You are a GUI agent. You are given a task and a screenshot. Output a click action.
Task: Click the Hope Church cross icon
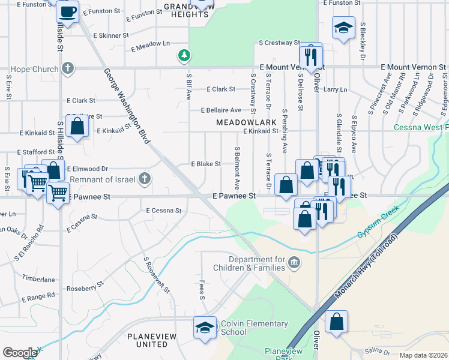click(x=68, y=68)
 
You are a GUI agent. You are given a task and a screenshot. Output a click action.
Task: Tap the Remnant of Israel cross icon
click(x=144, y=178)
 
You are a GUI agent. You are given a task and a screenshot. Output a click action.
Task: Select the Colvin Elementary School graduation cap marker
click(x=205, y=328)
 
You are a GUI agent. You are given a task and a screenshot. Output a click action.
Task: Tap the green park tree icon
click(x=184, y=56)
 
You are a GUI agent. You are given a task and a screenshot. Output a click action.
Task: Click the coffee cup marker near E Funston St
click(x=68, y=11)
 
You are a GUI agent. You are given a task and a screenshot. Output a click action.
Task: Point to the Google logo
click(x=19, y=352)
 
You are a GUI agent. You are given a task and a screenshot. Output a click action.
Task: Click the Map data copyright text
click(x=423, y=355)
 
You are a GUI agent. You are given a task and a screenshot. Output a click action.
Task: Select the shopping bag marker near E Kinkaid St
click(x=77, y=127)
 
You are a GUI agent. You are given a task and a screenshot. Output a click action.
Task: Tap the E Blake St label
click(x=206, y=164)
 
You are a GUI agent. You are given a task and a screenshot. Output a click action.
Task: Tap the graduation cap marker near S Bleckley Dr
click(x=343, y=28)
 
